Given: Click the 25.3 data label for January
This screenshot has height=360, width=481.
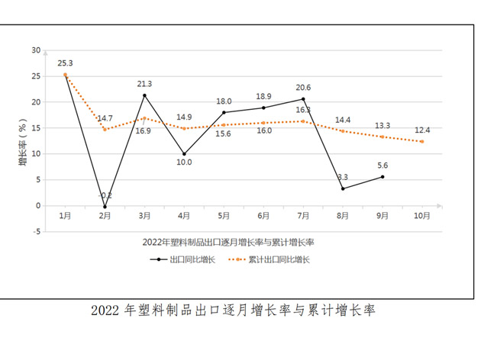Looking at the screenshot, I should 65,63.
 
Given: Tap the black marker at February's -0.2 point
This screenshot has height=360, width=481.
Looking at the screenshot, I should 105,207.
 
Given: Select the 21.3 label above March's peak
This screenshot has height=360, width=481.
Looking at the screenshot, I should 144,84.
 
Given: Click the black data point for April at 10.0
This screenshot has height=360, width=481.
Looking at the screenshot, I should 184,154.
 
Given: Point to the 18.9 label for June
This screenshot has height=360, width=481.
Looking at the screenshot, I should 263,97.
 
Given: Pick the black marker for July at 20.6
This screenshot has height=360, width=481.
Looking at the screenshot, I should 303,99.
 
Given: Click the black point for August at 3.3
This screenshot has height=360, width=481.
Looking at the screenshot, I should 343,188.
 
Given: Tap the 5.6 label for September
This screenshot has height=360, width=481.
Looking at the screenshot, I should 383,166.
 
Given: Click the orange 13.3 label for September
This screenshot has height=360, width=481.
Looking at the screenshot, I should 383,126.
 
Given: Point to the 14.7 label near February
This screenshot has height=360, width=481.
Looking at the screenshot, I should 105,118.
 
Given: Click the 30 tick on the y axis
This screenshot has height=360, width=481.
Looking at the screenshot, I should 36,50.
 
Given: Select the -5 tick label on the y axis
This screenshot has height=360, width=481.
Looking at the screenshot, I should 36,232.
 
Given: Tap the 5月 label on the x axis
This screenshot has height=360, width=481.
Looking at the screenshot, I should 224,216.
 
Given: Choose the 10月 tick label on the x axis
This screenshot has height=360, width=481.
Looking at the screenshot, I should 422,216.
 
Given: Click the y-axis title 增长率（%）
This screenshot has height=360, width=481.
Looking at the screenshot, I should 23,142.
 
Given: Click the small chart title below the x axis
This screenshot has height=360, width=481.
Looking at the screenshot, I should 228,242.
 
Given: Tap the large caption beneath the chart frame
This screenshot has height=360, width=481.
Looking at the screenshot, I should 234,310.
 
